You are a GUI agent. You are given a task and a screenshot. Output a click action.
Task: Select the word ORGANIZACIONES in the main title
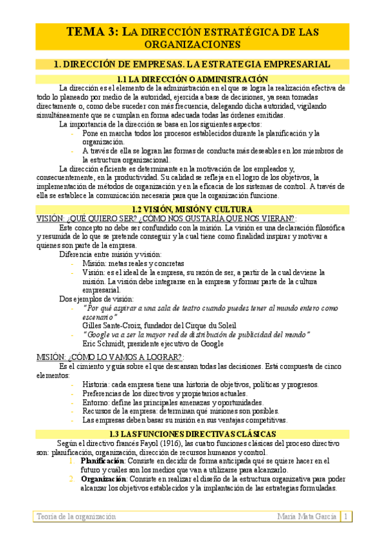point(192,44)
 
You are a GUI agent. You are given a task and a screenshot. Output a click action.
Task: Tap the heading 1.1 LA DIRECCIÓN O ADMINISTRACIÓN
point(192,78)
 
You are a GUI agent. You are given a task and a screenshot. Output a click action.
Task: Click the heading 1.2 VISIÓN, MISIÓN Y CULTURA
point(192,210)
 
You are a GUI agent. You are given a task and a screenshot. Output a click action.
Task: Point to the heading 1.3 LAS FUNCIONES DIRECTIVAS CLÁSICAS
point(192,434)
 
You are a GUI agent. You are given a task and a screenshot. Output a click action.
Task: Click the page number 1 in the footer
point(346,516)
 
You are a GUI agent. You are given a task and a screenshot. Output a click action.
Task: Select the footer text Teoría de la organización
point(76,516)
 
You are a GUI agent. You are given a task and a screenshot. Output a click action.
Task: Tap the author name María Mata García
point(307,516)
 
